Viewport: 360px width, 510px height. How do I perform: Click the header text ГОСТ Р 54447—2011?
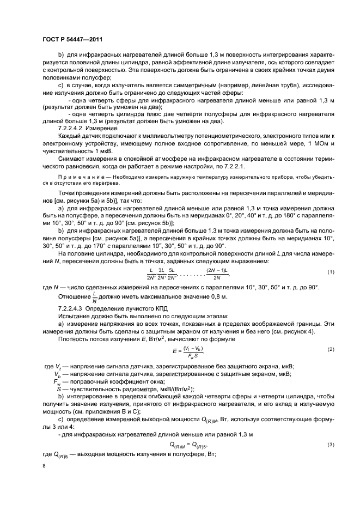point(72,40)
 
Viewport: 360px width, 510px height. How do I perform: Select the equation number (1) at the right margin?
point(330,272)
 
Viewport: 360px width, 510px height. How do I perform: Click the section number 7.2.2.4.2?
point(73,127)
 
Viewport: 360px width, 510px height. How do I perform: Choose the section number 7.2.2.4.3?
point(73,308)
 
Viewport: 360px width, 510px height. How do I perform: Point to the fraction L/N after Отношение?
point(94,297)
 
